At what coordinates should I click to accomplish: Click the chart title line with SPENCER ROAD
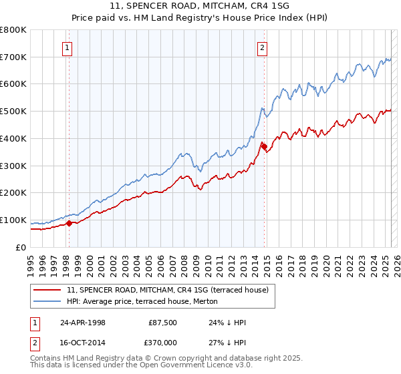[200, 6]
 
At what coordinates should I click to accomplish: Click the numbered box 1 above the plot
[68, 47]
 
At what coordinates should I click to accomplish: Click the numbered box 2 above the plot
[263, 47]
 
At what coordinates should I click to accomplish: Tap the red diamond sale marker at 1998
[69, 223]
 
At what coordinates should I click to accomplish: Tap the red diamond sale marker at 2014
[263, 146]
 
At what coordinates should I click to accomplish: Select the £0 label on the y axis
[21, 247]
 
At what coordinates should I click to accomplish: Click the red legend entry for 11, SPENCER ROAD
[167, 289]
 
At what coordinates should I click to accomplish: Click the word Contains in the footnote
[47, 359]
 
